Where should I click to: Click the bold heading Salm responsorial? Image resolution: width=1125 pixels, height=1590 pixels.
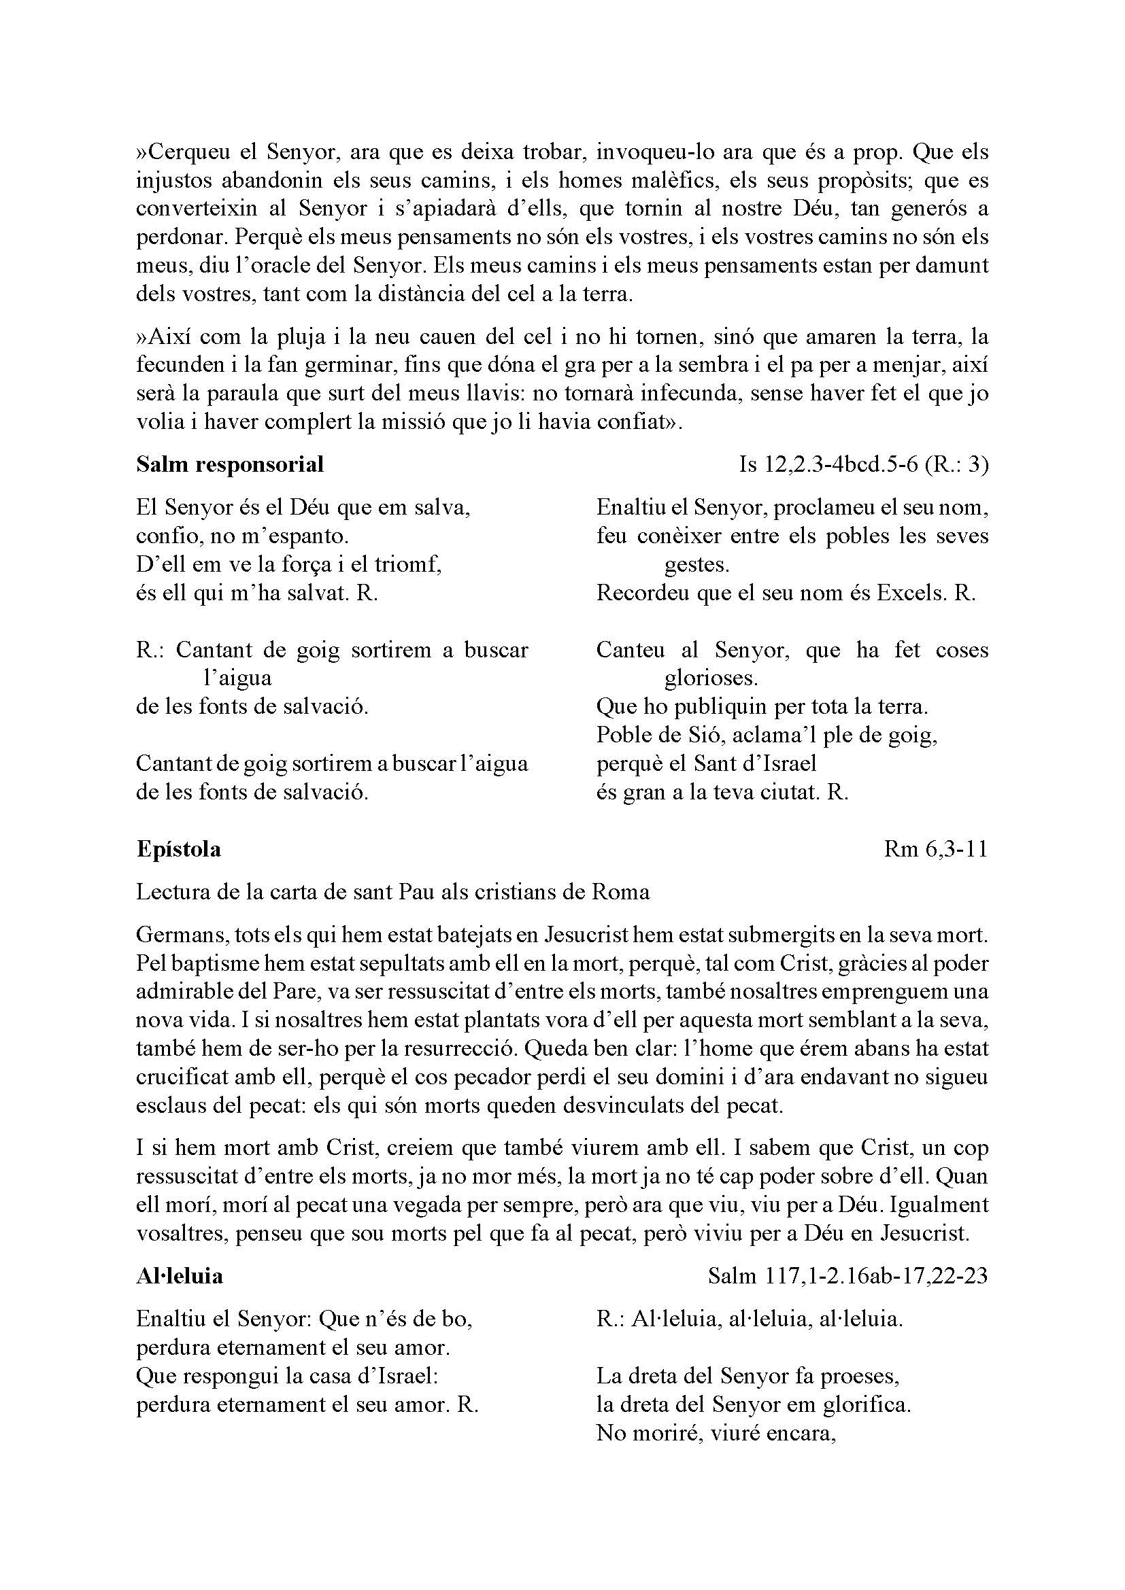(x=229, y=464)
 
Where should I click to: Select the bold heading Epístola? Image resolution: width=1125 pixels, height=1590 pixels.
(x=178, y=849)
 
